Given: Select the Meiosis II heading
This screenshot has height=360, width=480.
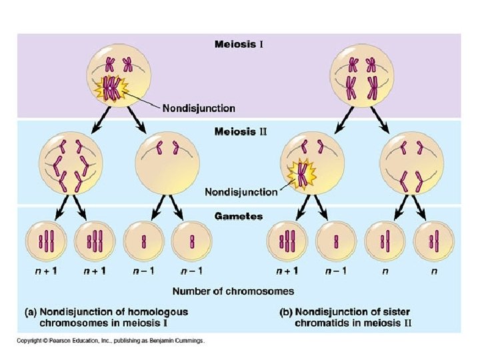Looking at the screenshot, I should pyautogui.click(x=240, y=131).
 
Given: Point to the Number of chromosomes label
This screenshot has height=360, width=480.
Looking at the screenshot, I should pyautogui.click(x=233, y=291).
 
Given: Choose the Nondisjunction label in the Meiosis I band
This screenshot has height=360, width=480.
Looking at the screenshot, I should pyautogui.click(x=199, y=107).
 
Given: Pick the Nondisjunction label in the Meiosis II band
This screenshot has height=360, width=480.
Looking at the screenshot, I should pyautogui.click(x=241, y=192).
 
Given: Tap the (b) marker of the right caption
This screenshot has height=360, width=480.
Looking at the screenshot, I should pyautogui.click(x=285, y=311).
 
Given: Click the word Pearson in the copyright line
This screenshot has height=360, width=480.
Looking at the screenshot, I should pyautogui.click(x=62, y=341).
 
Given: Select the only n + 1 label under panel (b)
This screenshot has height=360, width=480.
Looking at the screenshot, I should pyautogui.click(x=287, y=271).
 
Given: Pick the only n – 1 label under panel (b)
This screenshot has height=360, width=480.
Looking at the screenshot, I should pyautogui.click(x=334, y=271).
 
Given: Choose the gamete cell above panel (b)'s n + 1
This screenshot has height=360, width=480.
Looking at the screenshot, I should pyautogui.click(x=287, y=241).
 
